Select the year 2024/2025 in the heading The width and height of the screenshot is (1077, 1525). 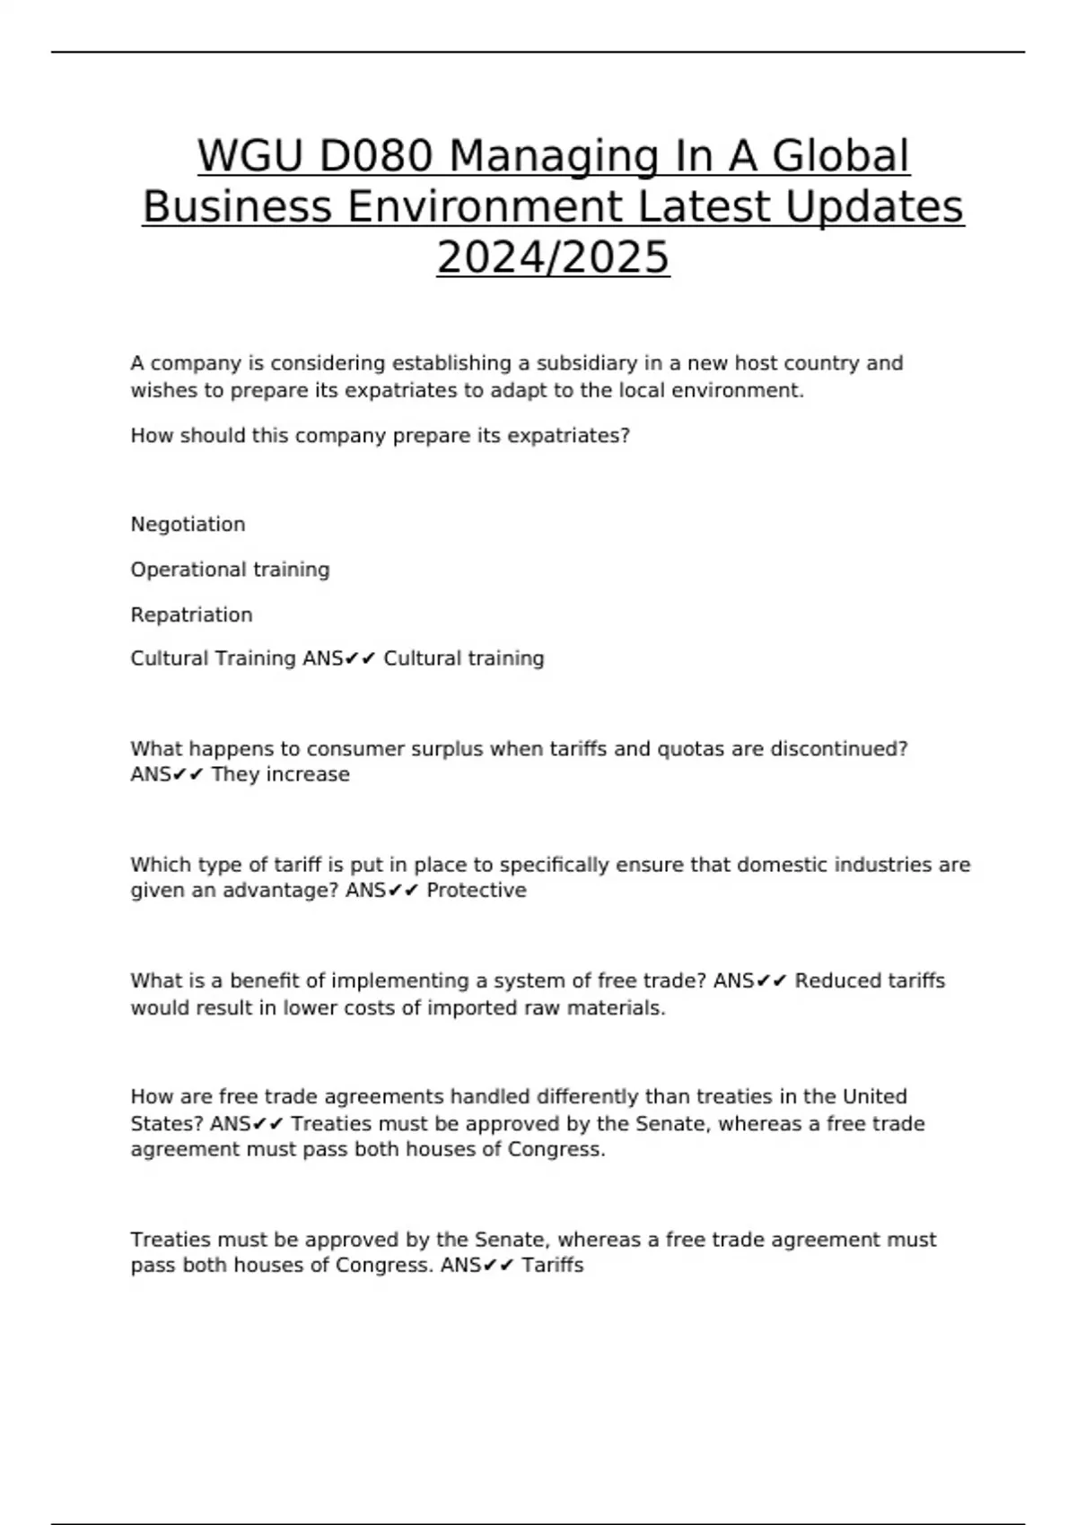553,257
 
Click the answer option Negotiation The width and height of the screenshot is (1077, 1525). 188,525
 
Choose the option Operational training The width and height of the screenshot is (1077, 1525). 230,570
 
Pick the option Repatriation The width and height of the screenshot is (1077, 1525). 191,615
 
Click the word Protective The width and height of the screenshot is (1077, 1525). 476,891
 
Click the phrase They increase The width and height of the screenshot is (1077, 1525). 280,775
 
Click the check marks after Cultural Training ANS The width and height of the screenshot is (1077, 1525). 361,659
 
